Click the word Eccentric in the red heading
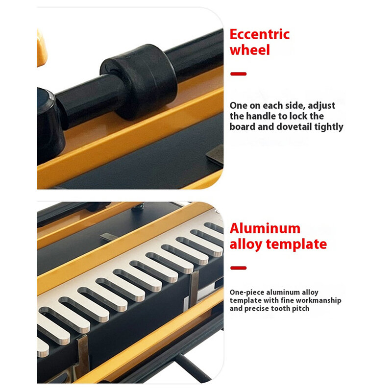click(260, 34)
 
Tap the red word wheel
click(250, 50)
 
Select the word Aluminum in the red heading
click(265, 228)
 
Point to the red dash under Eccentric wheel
click(239, 74)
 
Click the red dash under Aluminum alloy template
click(239, 268)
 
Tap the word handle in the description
click(261, 116)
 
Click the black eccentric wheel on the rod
click(139, 81)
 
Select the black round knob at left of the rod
click(49, 125)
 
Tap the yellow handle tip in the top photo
click(42, 48)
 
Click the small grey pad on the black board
click(215, 154)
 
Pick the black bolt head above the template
click(138, 207)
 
